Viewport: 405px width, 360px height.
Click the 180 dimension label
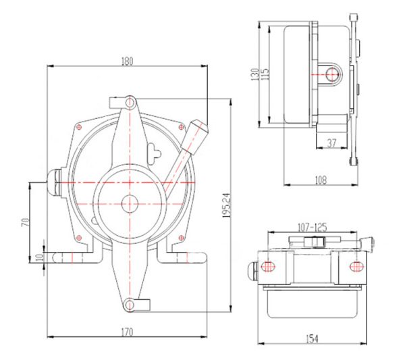pos(127,61)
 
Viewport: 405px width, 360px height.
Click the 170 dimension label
pos(127,332)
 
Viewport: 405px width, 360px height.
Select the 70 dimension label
pos(25,222)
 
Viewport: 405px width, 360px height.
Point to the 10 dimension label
pos(39,257)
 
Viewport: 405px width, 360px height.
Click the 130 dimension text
pos(255,74)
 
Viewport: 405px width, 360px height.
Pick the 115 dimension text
pos(265,74)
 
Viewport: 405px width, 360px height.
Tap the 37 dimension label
pos(331,143)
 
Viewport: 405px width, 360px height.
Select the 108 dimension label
pos(321,180)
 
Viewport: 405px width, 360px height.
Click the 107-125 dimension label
pos(313,228)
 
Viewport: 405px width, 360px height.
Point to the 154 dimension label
pos(312,339)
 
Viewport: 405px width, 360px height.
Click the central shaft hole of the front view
pos(130,204)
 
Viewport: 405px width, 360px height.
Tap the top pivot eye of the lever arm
pos(130,103)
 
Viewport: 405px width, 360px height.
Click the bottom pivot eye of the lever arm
pos(128,305)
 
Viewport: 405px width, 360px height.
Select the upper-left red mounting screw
pos(79,126)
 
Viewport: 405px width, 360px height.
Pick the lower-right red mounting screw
pos(181,237)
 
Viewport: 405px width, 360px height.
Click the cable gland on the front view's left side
pos(54,182)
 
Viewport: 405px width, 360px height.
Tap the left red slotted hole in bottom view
pos(269,266)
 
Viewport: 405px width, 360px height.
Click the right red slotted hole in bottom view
pos(356,266)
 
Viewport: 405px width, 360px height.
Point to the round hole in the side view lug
pos(333,74)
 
